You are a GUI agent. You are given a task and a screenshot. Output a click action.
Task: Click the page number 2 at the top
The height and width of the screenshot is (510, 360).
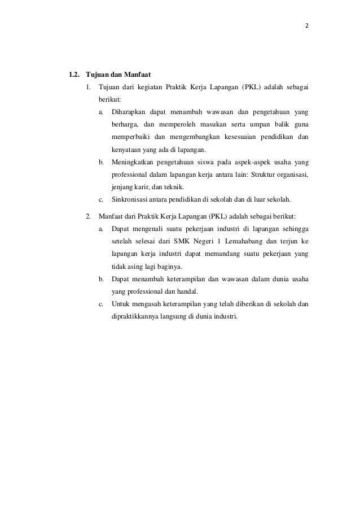coord(308,27)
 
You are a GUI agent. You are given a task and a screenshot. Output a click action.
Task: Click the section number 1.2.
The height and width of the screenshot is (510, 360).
coord(74,74)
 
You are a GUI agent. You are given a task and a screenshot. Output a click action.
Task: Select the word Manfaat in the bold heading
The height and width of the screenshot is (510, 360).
coord(137,74)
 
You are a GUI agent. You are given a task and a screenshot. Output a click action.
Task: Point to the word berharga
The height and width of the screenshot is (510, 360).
coord(125,124)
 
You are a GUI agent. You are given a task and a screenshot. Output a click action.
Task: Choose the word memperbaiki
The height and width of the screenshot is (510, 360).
coord(131,137)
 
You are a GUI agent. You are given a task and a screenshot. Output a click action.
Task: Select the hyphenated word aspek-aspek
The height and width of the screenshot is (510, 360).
coord(256,163)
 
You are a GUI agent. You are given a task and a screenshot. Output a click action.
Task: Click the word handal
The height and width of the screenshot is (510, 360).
coord(186,291)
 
